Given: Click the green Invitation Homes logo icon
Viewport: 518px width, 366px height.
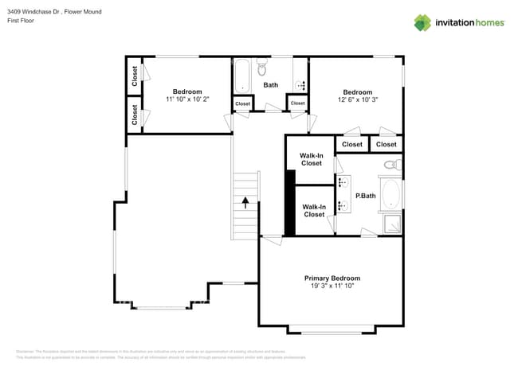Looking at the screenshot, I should tap(422, 22).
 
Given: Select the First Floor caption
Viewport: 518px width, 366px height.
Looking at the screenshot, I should tap(20, 21).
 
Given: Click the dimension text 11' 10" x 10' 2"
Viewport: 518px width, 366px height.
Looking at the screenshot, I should tap(187, 99).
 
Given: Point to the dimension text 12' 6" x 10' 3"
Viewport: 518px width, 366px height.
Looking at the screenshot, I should tap(357, 99).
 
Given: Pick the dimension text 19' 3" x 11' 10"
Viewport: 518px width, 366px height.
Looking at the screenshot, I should tap(332, 286).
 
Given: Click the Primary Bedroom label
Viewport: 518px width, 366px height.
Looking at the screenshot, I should tap(332, 278).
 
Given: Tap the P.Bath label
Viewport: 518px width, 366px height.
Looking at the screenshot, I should tap(365, 196).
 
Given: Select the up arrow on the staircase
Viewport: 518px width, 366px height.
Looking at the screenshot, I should tap(245, 202).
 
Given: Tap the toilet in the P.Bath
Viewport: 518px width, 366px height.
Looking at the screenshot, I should tap(391, 165).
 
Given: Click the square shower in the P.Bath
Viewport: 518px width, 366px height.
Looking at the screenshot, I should tap(391, 224).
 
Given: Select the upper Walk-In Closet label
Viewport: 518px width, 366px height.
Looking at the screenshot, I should tap(311, 159).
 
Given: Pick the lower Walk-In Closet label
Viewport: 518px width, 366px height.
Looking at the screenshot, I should tap(314, 210).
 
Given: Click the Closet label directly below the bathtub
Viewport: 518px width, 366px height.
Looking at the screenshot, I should tap(242, 104).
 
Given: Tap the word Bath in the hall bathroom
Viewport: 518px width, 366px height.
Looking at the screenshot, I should tap(271, 85).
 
